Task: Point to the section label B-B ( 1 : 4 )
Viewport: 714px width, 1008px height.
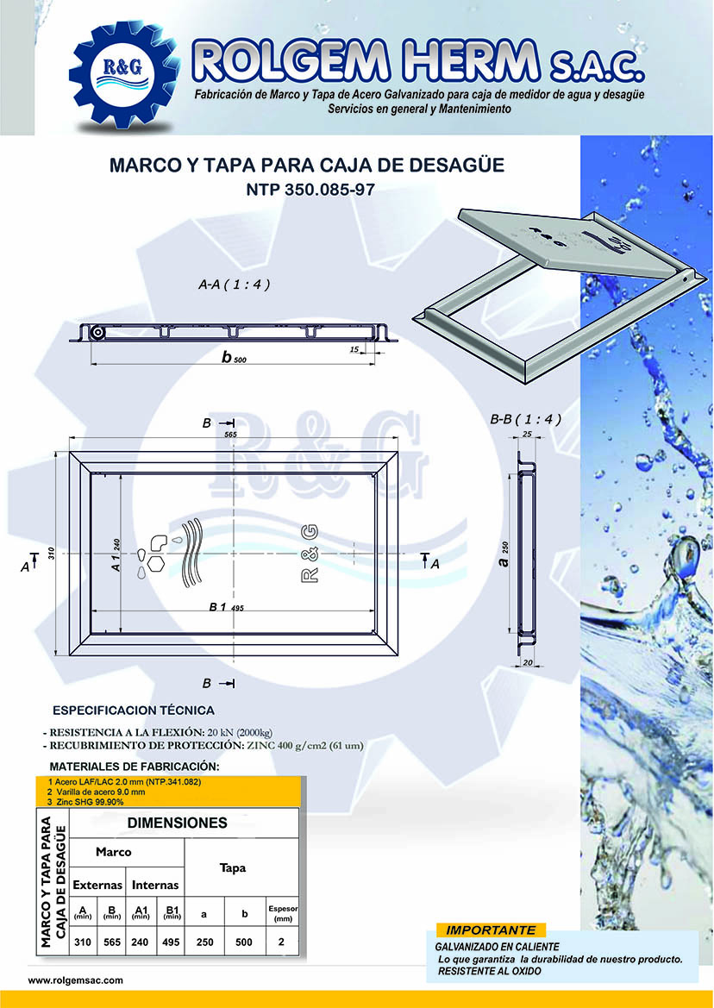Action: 525,420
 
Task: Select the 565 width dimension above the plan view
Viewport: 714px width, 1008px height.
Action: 230,436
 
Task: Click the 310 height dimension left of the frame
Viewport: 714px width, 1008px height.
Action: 51,553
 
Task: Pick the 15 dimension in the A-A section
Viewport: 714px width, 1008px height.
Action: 354,349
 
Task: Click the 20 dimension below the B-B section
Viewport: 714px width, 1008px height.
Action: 527,661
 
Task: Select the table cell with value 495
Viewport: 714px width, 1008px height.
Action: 171,942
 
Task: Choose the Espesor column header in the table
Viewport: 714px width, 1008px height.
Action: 281,912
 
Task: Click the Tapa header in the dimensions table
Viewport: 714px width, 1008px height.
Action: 233,867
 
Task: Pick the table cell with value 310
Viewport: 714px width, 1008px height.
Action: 83,942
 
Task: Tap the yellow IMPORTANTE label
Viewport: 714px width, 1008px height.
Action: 491,930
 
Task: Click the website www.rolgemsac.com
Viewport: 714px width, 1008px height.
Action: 76,980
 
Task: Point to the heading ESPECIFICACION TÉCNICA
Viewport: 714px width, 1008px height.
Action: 134,711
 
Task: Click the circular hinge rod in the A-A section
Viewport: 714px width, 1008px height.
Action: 98,334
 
